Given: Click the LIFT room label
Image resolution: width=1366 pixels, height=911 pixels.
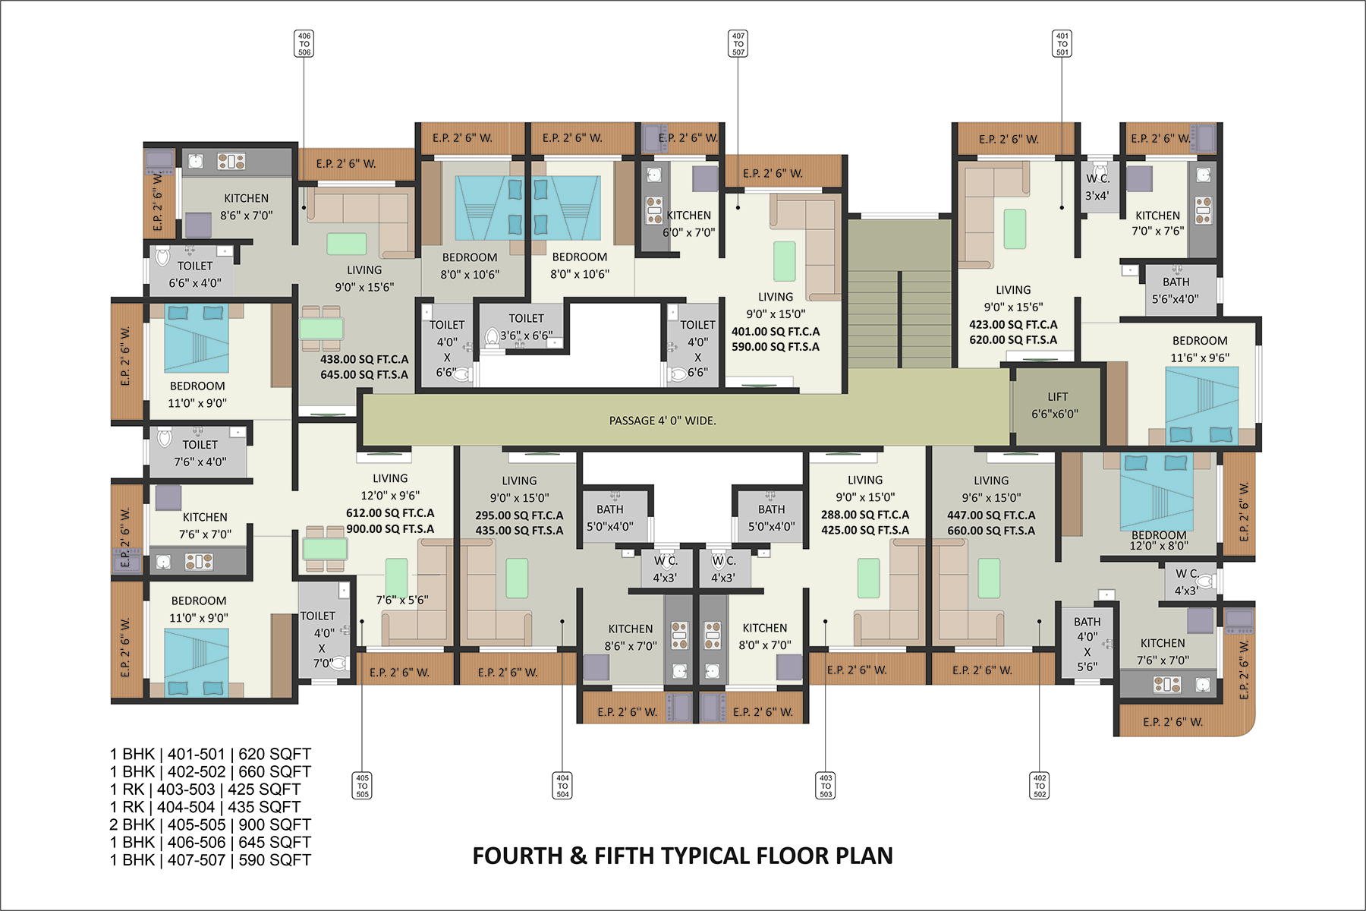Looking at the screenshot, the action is [1055, 405].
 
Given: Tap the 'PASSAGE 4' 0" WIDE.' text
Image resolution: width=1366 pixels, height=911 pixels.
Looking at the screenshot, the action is [663, 421].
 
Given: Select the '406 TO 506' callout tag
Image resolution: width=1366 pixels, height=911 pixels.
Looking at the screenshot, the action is [304, 44].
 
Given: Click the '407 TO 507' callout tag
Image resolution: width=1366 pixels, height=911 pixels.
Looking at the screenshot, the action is [738, 44].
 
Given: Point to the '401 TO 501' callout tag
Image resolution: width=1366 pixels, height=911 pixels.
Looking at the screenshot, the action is [1062, 44].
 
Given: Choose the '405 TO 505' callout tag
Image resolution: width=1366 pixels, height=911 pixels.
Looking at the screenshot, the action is [363, 786].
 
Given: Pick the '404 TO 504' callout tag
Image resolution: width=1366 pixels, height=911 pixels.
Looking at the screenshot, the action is [562, 786].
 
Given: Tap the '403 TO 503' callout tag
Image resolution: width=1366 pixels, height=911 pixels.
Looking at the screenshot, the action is [826, 786].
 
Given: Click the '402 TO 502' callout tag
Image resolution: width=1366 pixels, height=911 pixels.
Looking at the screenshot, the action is [1040, 786].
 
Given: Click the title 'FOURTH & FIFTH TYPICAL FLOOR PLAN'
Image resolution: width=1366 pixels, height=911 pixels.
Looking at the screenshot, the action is [682, 856].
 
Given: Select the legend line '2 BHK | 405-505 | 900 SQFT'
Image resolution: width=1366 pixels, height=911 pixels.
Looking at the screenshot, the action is [210, 824].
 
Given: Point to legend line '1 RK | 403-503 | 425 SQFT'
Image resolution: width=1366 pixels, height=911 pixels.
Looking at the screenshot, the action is [205, 790].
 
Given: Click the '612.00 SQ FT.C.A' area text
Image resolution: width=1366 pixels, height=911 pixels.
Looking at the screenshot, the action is [390, 513].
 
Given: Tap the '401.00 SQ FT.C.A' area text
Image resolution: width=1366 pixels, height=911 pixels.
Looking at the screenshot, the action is [776, 332].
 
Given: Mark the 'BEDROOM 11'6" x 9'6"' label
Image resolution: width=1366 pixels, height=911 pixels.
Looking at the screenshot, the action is [1200, 349].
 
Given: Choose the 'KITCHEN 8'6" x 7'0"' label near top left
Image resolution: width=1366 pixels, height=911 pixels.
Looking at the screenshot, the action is [246, 206].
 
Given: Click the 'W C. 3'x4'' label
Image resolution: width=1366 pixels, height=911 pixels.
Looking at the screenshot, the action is [1097, 187].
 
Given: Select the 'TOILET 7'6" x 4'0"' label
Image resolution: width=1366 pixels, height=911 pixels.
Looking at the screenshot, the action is [200, 453].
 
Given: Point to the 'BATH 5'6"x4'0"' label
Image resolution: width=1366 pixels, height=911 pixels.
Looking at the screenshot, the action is [1176, 291].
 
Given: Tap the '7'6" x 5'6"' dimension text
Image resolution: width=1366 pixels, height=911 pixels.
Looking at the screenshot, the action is [402, 600].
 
